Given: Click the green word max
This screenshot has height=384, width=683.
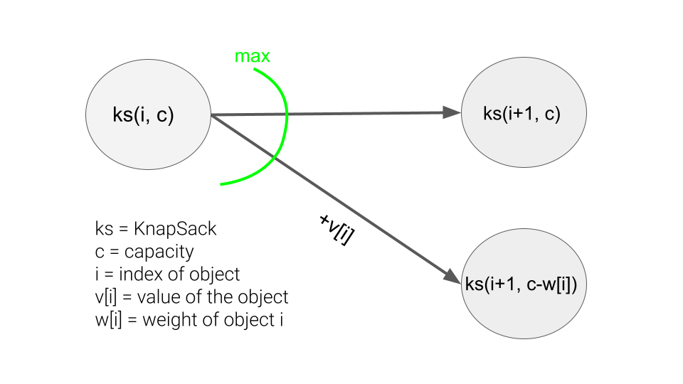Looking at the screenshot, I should (x=253, y=56).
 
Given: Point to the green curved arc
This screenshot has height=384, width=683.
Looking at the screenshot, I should (x=285, y=121).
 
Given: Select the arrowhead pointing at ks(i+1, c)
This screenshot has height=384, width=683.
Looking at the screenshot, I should (x=450, y=112).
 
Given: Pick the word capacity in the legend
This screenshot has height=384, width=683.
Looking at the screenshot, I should (x=159, y=252).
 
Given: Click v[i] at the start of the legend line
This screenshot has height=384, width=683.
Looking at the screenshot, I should (x=105, y=297).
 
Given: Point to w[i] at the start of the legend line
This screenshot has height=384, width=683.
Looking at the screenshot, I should (x=107, y=320).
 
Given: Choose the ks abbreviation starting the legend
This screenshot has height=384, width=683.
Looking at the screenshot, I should (x=103, y=229).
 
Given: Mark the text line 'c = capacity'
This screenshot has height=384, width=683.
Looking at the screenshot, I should (x=144, y=252).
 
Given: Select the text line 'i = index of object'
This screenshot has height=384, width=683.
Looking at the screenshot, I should (x=167, y=274).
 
